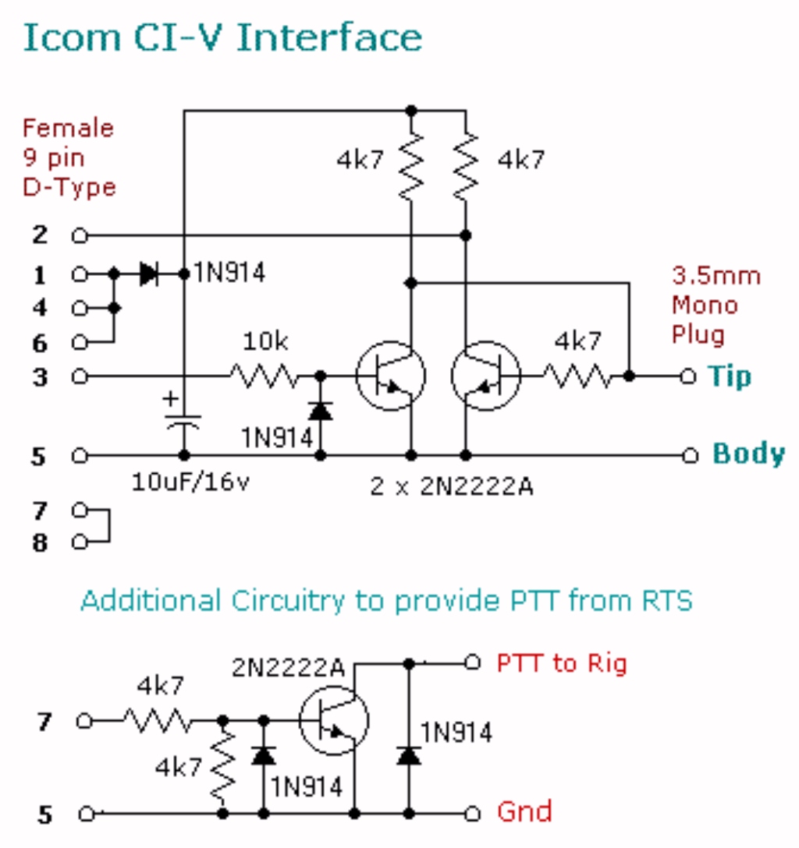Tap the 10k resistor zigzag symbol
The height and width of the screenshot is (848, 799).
265,376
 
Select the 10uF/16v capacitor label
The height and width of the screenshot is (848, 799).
190,481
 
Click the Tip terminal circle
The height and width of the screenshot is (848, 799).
688,376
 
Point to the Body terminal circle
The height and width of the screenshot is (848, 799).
691,455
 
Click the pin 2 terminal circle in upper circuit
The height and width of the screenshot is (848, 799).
80,236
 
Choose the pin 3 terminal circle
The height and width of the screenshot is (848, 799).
80,376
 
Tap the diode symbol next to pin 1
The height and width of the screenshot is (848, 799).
149,274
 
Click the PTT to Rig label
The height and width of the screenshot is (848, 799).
562,663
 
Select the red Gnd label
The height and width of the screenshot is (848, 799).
524,811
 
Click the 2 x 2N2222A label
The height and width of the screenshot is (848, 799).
452,486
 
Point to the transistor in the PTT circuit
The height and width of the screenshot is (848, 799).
334,720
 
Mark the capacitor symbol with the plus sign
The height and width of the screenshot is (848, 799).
183,419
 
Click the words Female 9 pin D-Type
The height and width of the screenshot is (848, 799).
69,157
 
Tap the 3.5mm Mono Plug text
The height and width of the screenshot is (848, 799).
716,305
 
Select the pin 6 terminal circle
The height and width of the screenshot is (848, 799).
80,342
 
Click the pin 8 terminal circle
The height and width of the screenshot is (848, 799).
80,542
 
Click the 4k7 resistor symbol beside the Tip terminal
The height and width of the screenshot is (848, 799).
577,376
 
